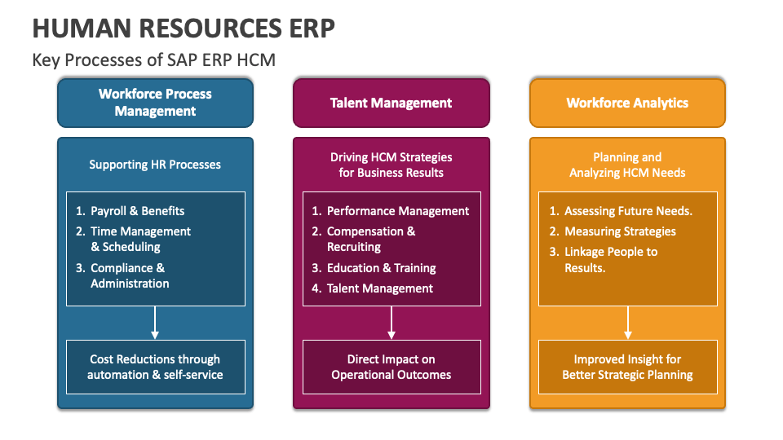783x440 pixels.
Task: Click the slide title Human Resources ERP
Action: click(184, 28)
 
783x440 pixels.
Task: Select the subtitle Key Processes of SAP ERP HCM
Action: click(154, 59)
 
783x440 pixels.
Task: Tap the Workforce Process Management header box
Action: click(155, 103)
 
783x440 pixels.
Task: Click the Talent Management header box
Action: click(391, 103)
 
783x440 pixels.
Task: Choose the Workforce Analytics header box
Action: click(627, 103)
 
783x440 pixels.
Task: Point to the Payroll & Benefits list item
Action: click(137, 211)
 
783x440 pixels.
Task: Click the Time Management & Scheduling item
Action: click(140, 239)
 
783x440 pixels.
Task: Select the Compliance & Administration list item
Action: click(129, 275)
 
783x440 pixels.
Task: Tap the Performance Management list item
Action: click(397, 211)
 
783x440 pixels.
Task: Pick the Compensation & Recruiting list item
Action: click(370, 239)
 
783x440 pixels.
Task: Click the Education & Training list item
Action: click(381, 268)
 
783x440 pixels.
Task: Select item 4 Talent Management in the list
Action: click(379, 288)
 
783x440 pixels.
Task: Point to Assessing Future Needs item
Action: click(628, 211)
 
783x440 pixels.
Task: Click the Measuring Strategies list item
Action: click(620, 231)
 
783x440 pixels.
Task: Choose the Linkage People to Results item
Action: click(610, 259)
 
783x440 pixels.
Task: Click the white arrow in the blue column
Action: click(155, 323)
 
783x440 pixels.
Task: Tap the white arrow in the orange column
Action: click(628, 323)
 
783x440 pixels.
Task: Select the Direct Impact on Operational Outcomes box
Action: click(391, 367)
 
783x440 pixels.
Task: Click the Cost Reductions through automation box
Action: click(155, 367)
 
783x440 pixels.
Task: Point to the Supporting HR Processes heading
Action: click(155, 165)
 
